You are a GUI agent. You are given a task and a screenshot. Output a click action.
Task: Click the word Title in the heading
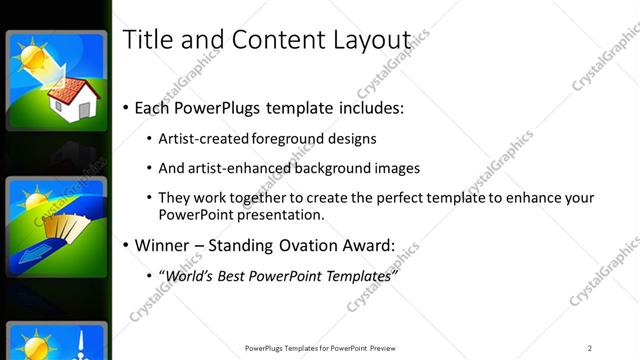143,40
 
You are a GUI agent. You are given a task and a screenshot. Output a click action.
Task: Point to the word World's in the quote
190,275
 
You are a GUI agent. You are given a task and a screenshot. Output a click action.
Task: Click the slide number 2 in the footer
589,348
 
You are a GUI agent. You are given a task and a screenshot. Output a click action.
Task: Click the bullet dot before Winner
125,245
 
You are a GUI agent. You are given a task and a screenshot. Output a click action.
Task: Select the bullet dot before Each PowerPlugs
125,107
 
